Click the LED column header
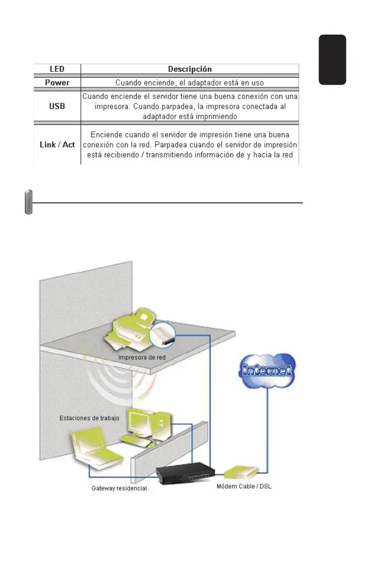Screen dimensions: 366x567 click(x=57, y=69)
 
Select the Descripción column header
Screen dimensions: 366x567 click(x=190, y=69)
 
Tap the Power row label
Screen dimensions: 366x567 click(x=57, y=83)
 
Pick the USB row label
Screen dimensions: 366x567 click(x=57, y=106)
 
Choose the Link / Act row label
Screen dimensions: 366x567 click(x=57, y=144)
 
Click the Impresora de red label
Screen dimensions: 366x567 click(x=142, y=358)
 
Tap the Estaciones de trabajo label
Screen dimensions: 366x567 click(x=89, y=418)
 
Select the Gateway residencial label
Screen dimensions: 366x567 click(x=119, y=488)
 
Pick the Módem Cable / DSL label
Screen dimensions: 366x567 click(x=244, y=486)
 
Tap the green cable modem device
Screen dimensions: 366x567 click(x=240, y=472)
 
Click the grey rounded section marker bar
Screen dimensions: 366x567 click(x=29, y=201)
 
